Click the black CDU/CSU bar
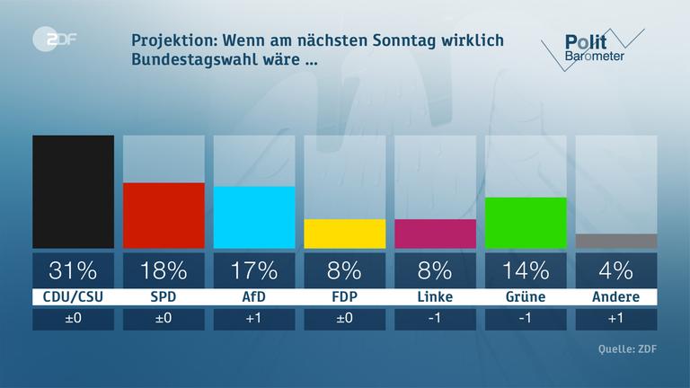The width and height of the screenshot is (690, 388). [73, 191]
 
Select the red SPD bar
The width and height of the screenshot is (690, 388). [164, 215]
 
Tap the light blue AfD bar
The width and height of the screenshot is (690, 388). [254, 216]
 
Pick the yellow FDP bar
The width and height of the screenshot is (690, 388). [345, 234]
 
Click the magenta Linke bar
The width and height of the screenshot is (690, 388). [436, 234]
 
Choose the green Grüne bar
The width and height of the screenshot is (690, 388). [526, 222]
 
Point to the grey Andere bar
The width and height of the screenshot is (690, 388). [616, 241]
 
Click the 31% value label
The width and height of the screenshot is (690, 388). [73, 269]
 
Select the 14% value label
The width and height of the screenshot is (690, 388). [526, 269]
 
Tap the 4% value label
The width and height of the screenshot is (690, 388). [616, 269]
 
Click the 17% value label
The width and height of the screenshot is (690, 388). [254, 269]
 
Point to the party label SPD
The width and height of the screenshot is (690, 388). [164, 296]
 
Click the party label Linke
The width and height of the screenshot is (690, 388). [436, 296]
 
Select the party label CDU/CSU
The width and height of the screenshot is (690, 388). [73, 296]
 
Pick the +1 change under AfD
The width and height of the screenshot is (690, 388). [254, 320]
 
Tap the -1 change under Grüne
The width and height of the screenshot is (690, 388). [526, 320]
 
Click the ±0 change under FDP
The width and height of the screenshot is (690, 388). [345, 320]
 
